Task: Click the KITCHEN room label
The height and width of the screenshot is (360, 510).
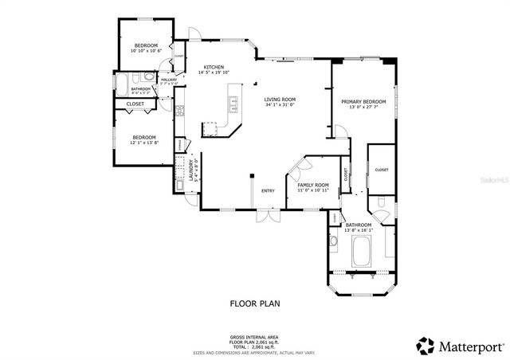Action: point(213,67)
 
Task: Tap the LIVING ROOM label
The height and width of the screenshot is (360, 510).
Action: point(280,100)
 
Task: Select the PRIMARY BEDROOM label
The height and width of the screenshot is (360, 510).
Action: point(363,102)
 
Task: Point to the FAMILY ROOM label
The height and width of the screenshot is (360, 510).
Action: point(313,185)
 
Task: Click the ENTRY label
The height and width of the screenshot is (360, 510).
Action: point(268,190)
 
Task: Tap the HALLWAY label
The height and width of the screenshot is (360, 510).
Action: point(169,79)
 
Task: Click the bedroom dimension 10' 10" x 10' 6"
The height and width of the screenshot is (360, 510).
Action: point(146,51)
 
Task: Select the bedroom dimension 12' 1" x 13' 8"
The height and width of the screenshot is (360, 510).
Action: point(143,143)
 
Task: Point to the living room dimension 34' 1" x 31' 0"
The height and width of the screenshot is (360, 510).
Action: point(280,105)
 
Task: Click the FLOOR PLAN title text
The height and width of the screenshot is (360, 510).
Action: point(255,303)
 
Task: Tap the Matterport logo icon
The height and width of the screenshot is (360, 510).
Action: point(425,346)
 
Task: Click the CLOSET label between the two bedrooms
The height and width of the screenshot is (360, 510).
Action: point(135,104)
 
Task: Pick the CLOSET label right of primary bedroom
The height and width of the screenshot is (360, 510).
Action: point(382,170)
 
